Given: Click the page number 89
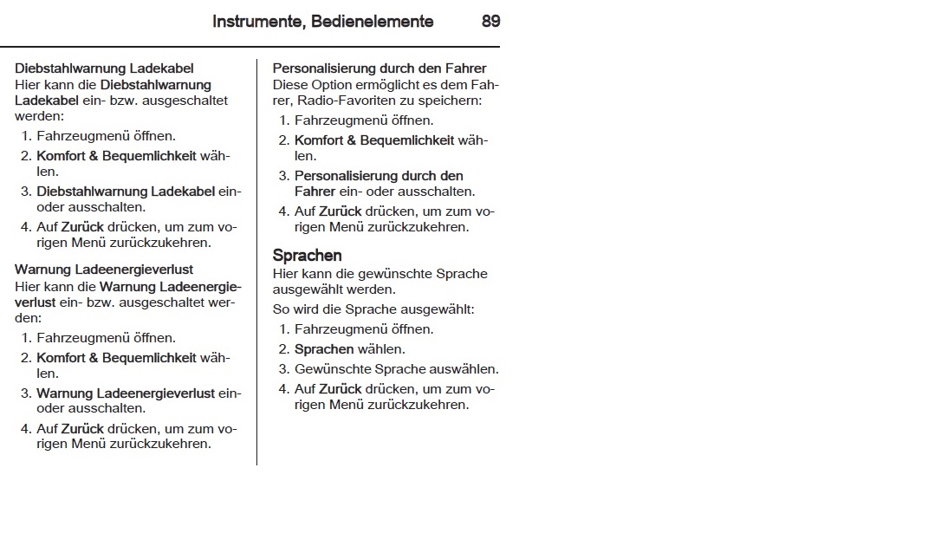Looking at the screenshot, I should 490,22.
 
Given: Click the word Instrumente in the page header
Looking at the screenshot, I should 254,22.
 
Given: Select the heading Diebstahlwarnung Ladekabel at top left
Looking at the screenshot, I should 104,68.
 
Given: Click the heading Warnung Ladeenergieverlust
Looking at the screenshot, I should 104,270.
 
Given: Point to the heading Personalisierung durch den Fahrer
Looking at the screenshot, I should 379,68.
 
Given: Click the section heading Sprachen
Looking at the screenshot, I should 307,256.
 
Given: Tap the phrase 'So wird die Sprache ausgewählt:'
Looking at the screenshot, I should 373,309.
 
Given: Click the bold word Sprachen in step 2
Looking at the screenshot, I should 324,349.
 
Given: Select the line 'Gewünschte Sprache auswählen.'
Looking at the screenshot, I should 397,368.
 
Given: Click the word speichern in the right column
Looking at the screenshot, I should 451,101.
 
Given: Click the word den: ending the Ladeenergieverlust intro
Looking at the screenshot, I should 28,318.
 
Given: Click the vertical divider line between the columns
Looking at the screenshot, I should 256,260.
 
